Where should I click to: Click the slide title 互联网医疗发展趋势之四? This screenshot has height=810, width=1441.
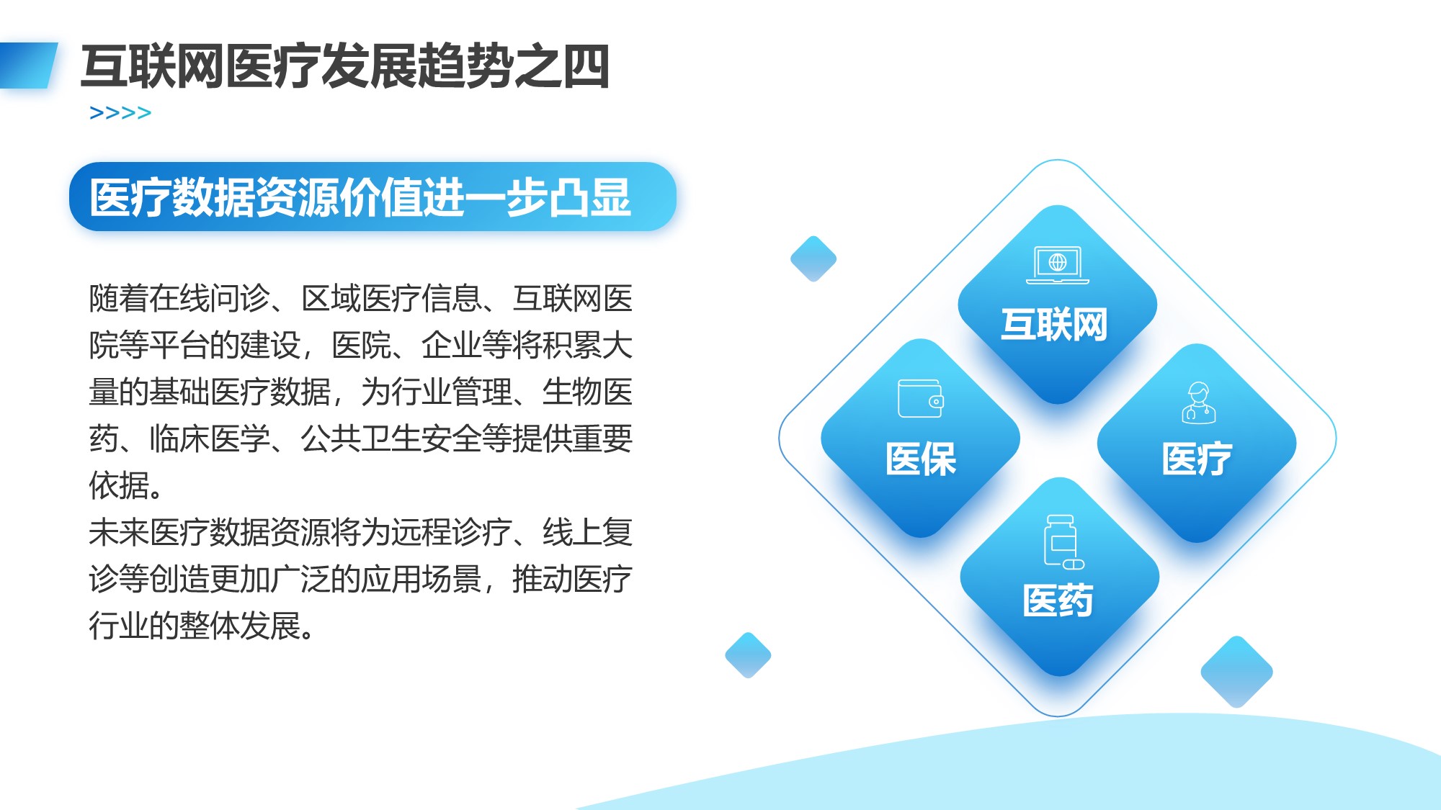(345, 66)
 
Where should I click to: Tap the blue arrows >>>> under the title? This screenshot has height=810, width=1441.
(120, 113)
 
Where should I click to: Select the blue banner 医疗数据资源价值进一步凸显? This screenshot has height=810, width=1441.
(372, 197)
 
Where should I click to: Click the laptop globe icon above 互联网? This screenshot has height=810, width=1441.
(1058, 264)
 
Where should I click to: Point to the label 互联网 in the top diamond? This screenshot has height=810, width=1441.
(1054, 325)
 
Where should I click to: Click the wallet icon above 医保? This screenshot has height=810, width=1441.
(921, 398)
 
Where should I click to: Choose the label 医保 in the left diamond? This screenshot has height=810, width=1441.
(921, 459)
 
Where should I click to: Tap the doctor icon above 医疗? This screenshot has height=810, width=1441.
(1199, 402)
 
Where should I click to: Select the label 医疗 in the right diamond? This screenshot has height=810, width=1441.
(1197, 459)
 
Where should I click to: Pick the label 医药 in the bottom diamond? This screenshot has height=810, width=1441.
(1058, 600)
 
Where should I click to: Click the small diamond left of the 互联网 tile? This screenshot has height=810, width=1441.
(813, 258)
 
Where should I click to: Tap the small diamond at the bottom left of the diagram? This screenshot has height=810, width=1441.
(748, 655)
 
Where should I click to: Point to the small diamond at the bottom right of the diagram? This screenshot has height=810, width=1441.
(1236, 672)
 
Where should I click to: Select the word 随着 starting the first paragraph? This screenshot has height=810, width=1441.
(119, 298)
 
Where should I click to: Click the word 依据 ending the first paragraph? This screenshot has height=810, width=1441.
(119, 485)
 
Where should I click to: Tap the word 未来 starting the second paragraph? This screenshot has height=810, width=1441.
(119, 532)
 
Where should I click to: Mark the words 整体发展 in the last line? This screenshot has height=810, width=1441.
(240, 626)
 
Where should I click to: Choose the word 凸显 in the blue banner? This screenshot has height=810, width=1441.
(590, 197)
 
